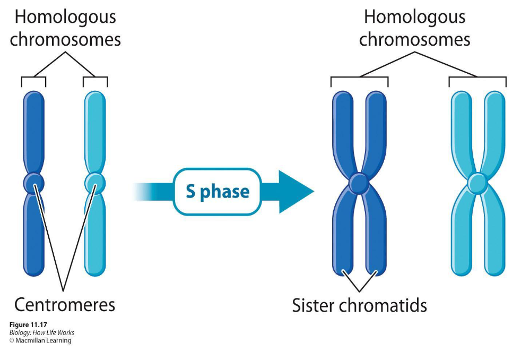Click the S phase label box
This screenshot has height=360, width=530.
[218, 192]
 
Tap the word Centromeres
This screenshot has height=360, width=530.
[65, 304]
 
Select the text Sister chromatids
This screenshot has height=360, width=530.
[360, 305]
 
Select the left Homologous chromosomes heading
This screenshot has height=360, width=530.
[65, 28]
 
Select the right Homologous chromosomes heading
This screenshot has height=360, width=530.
[414, 28]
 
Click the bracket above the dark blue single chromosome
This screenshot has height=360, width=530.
[33, 78]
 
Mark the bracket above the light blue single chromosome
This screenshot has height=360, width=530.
[95, 78]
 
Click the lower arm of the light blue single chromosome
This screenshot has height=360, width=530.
[95, 234]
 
